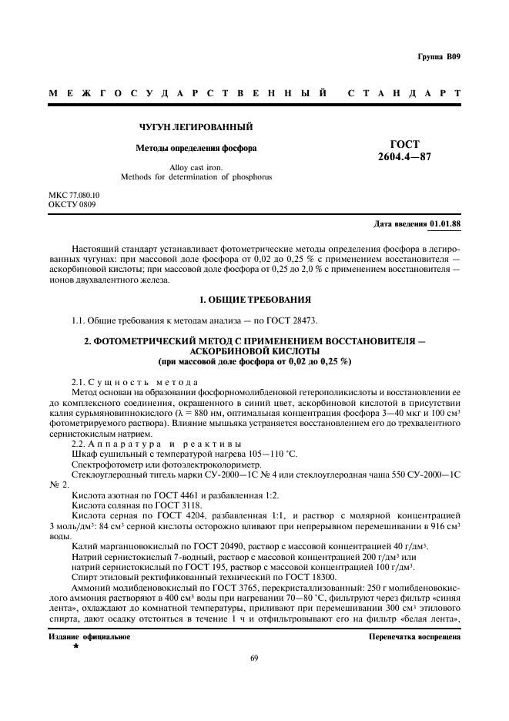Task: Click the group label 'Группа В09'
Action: [x=438, y=58]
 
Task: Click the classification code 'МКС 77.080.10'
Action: [x=74, y=196]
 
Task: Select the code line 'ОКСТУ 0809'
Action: [x=72, y=205]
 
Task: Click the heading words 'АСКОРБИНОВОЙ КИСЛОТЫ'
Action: [x=254, y=349]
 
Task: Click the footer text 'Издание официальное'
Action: [x=89, y=637]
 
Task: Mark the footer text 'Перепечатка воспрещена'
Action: [x=414, y=637]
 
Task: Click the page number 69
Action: [x=255, y=658]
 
